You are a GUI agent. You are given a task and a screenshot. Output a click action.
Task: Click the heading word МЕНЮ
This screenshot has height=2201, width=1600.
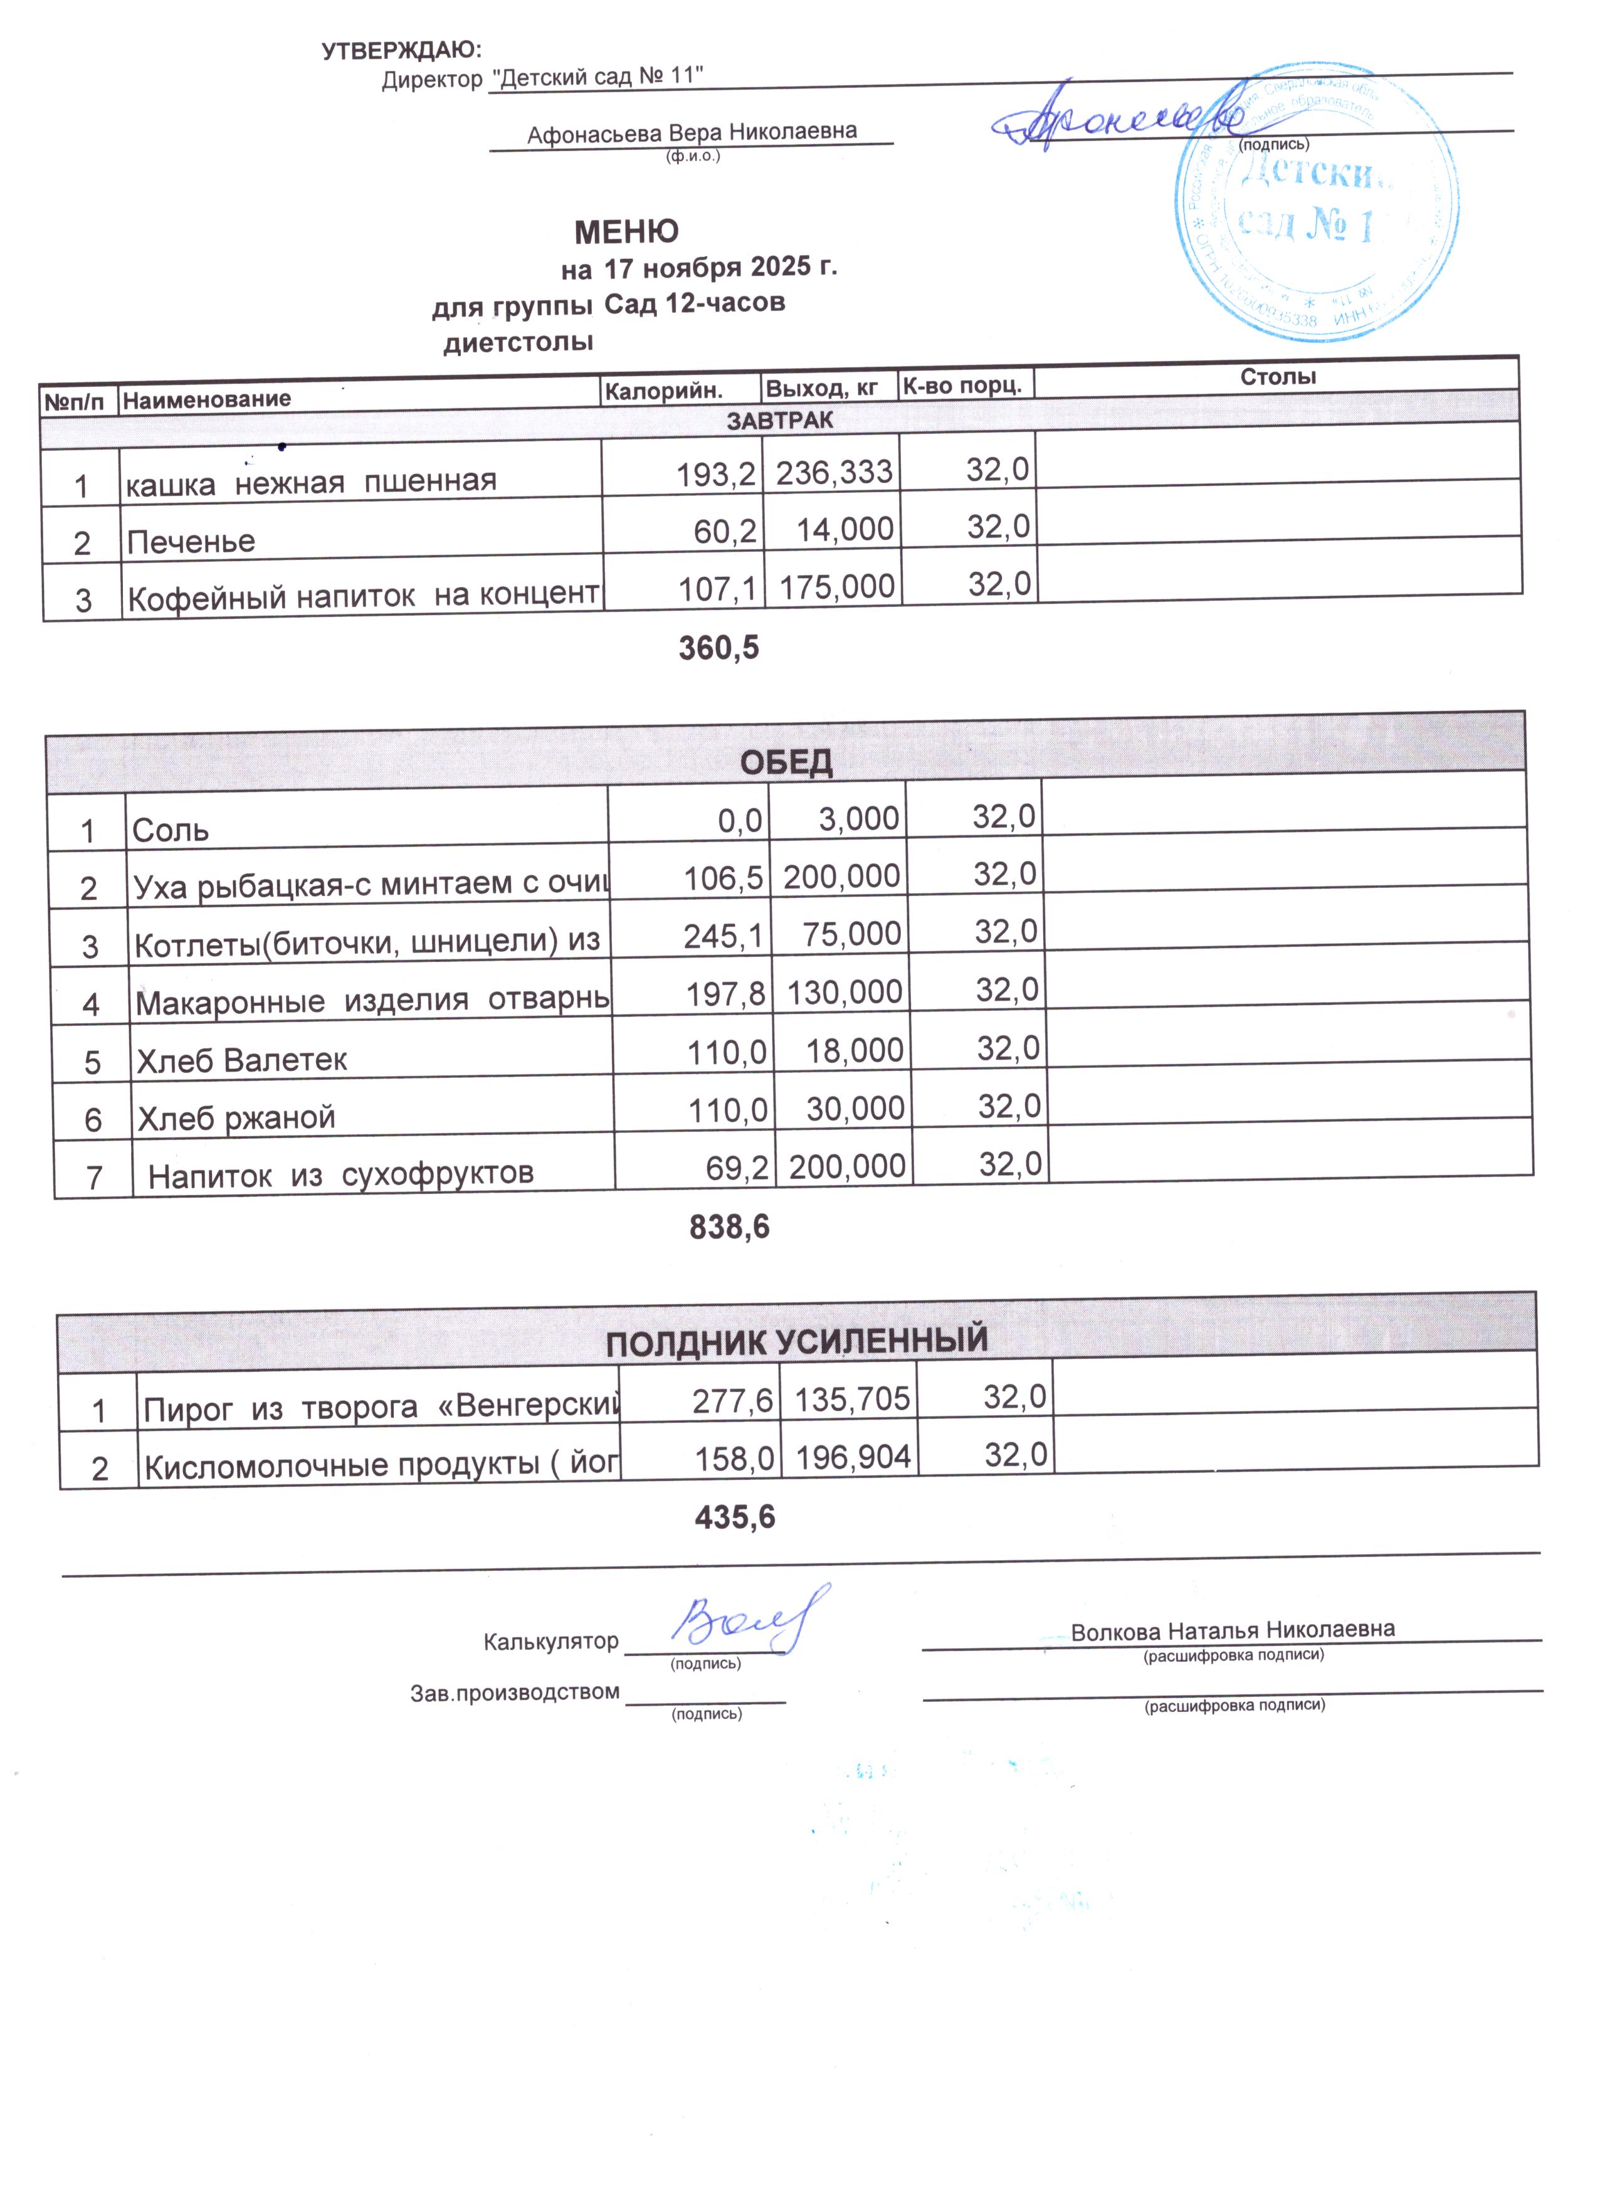(x=626, y=232)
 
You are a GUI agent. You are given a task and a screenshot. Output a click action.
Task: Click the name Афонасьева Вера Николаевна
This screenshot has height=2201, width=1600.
(x=692, y=132)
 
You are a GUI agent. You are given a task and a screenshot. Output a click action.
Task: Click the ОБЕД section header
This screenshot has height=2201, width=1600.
(x=786, y=763)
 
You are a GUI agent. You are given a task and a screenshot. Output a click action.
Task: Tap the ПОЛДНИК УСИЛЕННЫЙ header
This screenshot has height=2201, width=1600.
(x=797, y=1341)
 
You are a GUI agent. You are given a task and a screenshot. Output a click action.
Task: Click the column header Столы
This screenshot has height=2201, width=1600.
(x=1277, y=376)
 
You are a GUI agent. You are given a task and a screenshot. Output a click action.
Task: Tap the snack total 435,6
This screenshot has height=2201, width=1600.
(x=735, y=1517)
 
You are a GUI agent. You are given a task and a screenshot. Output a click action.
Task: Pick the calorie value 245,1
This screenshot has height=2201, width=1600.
(x=723, y=936)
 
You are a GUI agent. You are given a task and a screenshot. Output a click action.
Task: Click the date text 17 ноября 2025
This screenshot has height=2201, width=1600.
(x=707, y=267)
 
